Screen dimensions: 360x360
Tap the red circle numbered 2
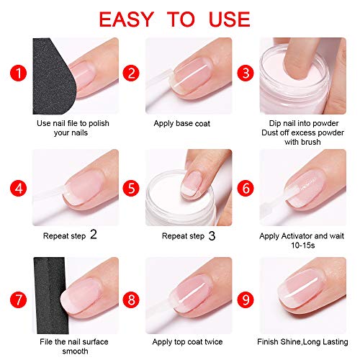pyautogui.click(x=131, y=72)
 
